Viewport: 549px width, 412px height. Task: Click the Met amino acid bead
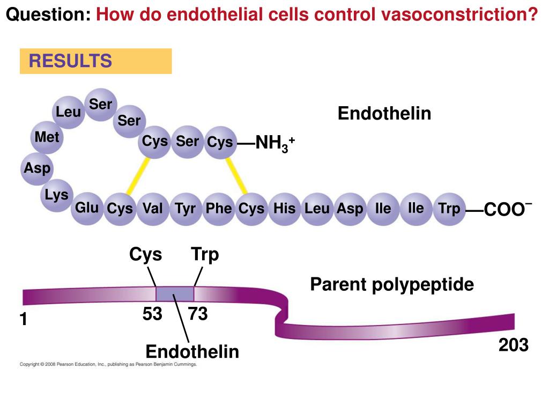click(x=47, y=137)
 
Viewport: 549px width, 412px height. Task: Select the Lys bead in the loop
click(x=56, y=195)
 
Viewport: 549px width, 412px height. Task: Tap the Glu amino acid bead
click(x=87, y=209)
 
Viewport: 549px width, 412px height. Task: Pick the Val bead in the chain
click(x=153, y=209)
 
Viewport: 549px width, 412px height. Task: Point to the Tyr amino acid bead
click(x=186, y=209)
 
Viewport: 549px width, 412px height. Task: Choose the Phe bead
click(x=219, y=209)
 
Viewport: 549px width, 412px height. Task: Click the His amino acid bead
click(x=284, y=209)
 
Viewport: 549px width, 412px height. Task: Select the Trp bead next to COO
click(x=449, y=209)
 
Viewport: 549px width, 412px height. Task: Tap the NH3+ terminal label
click(x=275, y=143)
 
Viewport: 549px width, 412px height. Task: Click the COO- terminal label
click(x=508, y=209)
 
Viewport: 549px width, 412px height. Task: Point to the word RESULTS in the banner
click(x=70, y=61)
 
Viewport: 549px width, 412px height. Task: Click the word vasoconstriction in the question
click(x=459, y=14)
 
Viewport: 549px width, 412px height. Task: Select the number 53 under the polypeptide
click(x=152, y=313)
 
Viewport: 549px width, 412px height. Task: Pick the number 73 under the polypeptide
click(x=198, y=313)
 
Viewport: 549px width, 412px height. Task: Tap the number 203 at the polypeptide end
click(x=513, y=345)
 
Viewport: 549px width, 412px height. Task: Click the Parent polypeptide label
click(x=392, y=284)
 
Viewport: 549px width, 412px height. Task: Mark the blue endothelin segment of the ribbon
click(x=175, y=293)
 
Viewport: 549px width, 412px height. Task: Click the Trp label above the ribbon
click(x=205, y=255)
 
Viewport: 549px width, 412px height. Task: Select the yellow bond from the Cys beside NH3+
click(x=236, y=176)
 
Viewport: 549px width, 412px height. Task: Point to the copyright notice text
click(x=108, y=364)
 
